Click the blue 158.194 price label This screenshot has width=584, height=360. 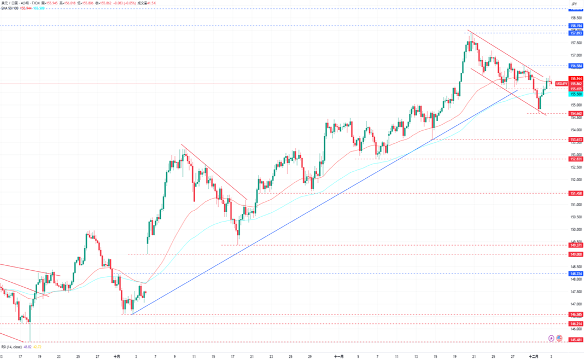point(575,26)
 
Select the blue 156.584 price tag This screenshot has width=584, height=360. point(575,66)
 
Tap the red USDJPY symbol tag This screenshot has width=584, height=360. point(561,84)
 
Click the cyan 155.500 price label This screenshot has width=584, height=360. point(575,94)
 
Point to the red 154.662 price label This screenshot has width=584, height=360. point(575,113)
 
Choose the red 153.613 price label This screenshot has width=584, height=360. point(575,140)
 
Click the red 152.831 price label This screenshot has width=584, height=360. point(575,159)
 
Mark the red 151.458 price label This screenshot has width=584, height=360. point(575,193)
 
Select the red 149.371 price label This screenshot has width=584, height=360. point(575,245)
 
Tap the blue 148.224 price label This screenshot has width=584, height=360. point(575,274)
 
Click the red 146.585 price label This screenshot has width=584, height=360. point(575,315)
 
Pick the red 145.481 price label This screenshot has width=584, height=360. point(575,340)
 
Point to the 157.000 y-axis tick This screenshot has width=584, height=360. point(575,55)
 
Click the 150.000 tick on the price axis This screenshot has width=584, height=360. point(575,230)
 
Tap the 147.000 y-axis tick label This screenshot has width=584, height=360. point(575,304)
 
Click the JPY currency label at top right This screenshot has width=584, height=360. point(574,4)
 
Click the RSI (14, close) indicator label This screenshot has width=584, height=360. point(11,347)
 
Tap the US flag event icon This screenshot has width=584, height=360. point(559,338)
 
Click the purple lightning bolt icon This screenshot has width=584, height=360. point(551,338)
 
